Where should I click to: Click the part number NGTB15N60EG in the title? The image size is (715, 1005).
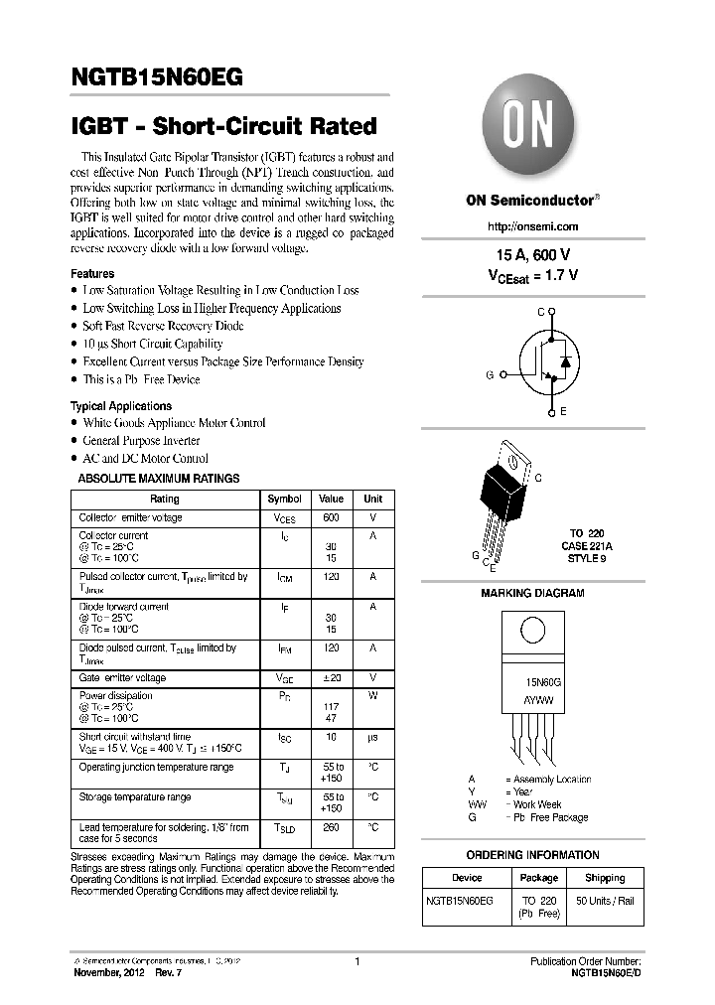tap(156, 77)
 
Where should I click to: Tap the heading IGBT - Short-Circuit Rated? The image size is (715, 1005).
tap(223, 126)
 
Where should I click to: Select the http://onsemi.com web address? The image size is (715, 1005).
tap(533, 226)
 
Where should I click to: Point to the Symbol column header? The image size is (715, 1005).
tap(285, 499)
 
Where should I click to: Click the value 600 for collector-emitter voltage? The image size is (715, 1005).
tap(332, 517)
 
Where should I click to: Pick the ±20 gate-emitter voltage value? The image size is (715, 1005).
tap(332, 677)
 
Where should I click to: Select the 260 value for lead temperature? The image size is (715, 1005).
tap(332, 827)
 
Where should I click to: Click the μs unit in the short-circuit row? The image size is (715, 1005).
tap(373, 737)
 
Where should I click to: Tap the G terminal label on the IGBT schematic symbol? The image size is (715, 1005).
tap(490, 375)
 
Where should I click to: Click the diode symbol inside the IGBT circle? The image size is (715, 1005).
tap(565, 361)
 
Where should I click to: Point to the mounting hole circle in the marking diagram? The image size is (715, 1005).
tap(532, 631)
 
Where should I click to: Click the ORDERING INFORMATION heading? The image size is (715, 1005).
tap(533, 854)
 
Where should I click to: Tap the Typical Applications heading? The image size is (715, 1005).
tap(120, 406)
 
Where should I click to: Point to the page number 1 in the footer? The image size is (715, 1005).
tap(357, 961)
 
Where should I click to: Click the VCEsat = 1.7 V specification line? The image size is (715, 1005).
tap(532, 274)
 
